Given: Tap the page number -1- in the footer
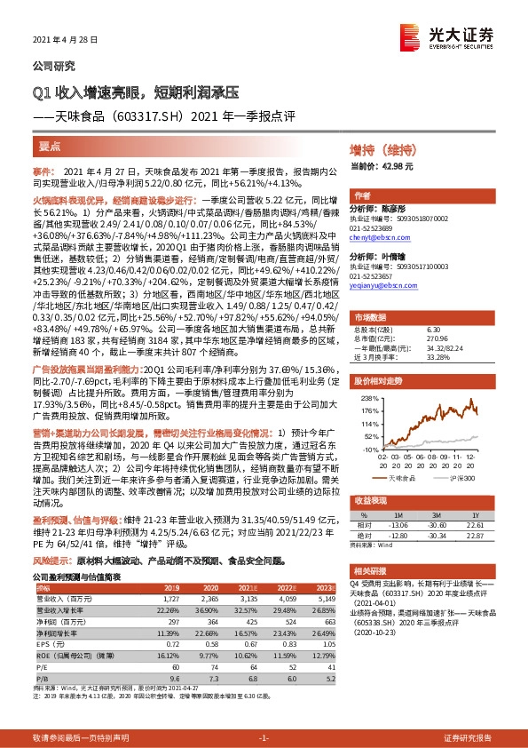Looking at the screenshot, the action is point(264,737).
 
